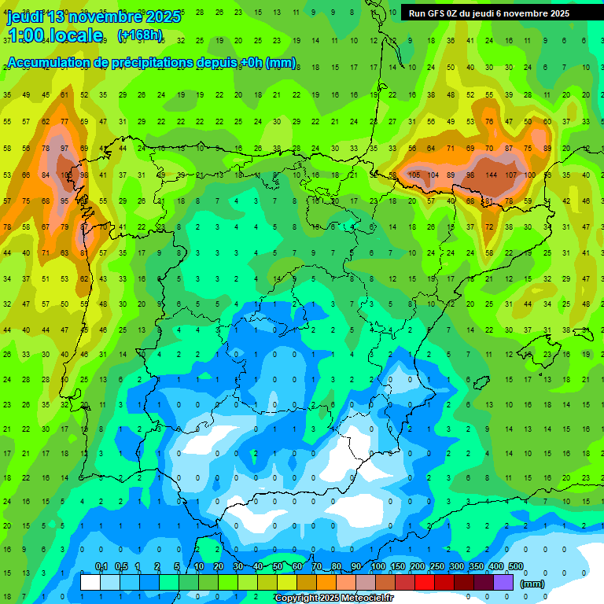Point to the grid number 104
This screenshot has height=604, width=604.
tap(433, 175)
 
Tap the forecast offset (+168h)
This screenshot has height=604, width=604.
tap(140, 35)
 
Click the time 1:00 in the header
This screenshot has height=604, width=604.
tap(28, 35)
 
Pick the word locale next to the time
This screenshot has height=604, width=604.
tap(78, 35)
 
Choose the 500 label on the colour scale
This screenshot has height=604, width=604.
tap(515, 567)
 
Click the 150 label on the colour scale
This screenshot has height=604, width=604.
tap(397, 567)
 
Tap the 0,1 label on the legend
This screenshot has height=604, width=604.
tap(101, 567)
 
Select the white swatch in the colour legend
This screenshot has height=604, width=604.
tap(90, 582)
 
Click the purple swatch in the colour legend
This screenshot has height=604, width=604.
tap(503, 582)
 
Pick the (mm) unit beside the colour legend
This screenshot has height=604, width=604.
tap(532, 584)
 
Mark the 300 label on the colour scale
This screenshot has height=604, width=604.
tap(456, 567)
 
